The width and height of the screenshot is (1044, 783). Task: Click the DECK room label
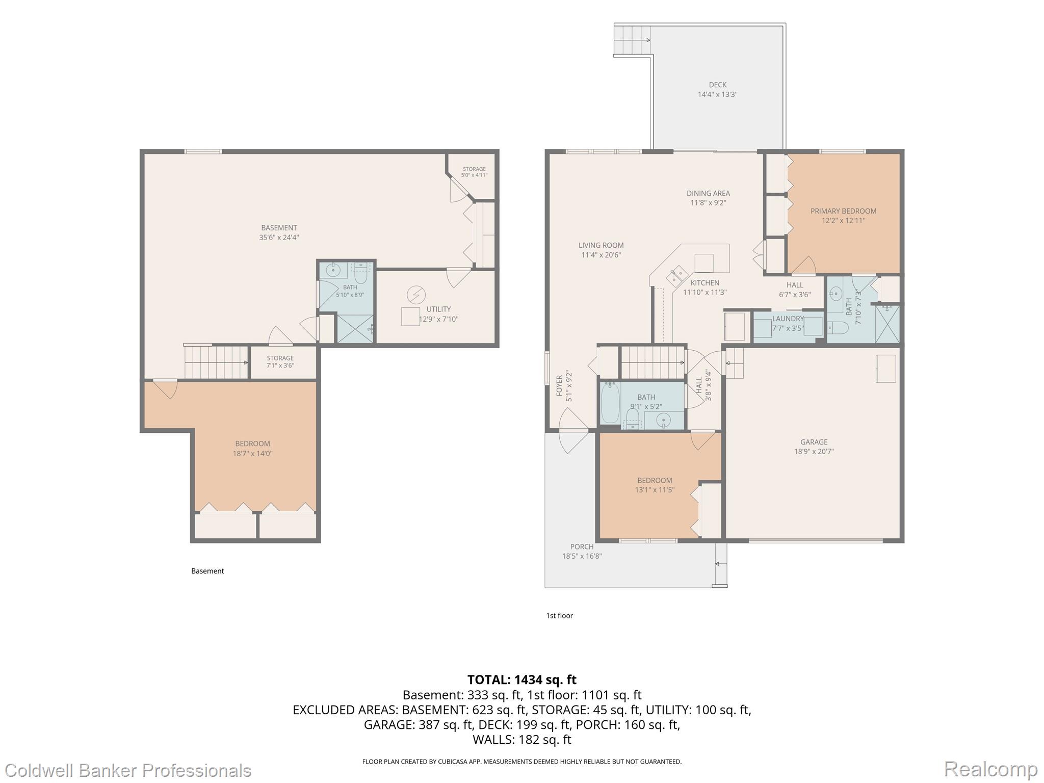717,85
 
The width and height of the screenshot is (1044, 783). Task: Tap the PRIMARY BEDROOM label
843,211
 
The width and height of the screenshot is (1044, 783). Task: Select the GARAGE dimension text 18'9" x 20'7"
814,451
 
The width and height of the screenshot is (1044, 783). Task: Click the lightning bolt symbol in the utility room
416,295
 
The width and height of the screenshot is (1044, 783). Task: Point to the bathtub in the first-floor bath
610,404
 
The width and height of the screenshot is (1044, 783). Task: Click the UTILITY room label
438,309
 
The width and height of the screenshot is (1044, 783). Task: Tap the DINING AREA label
708,193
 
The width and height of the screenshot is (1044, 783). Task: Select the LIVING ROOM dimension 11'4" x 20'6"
601,255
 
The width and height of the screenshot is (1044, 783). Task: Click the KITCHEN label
705,283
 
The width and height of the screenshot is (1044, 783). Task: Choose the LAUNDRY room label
788,319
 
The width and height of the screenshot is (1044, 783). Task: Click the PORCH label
582,546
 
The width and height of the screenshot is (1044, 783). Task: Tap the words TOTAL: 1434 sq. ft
522,680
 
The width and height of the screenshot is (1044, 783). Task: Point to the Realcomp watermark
991,769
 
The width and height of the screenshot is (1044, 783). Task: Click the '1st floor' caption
559,616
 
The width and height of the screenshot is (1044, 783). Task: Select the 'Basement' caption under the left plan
207,571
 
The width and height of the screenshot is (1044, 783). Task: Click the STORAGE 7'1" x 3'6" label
280,361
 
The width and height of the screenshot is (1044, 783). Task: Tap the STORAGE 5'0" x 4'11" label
474,172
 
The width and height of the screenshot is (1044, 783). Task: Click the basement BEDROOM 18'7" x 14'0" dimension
253,453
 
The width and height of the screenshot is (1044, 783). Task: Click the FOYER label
559,385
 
